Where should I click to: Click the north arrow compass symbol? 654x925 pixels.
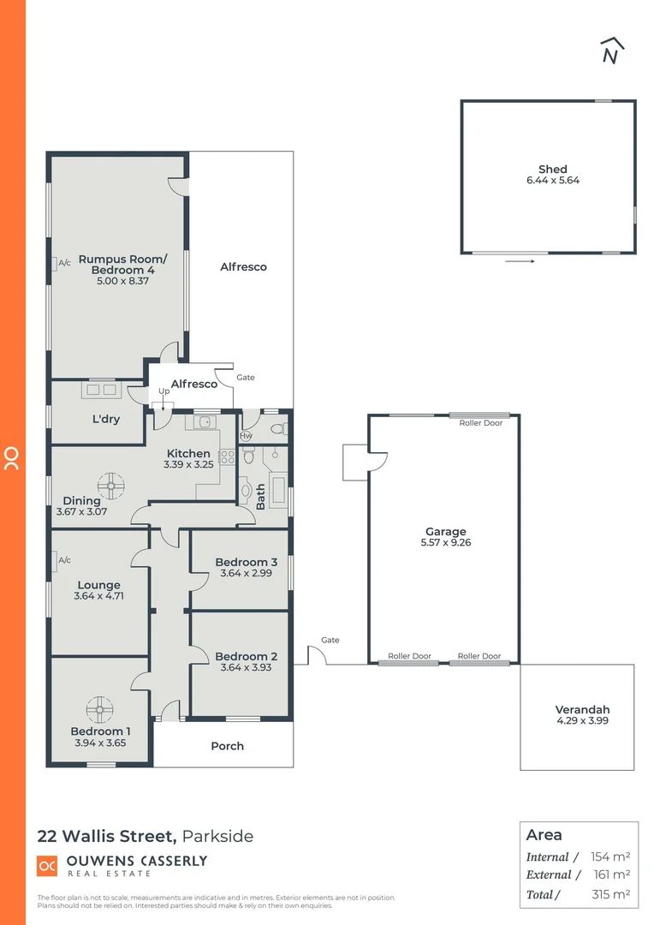(611, 51)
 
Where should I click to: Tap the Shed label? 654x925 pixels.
(552, 170)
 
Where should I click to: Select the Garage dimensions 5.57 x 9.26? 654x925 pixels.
(446, 542)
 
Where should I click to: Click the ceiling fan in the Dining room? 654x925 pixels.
(110, 486)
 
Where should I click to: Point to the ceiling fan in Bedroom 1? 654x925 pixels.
(100, 708)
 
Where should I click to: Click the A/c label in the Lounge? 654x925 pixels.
(64, 560)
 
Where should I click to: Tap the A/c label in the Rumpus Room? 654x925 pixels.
(64, 263)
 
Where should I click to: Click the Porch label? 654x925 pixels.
(227, 746)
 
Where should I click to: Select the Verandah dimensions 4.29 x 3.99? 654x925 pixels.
(582, 721)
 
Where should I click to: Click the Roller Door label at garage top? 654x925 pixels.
(480, 423)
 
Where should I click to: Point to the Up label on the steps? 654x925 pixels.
(163, 391)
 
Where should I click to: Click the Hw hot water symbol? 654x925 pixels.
(247, 435)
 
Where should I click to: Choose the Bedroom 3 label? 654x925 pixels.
(246, 562)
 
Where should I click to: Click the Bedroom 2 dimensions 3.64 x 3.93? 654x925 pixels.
(246, 667)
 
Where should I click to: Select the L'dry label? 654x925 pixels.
(106, 421)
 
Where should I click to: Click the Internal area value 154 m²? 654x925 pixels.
(610, 856)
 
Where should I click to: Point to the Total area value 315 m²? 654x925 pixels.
(610, 894)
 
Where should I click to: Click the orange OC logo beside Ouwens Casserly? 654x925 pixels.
(48, 866)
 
